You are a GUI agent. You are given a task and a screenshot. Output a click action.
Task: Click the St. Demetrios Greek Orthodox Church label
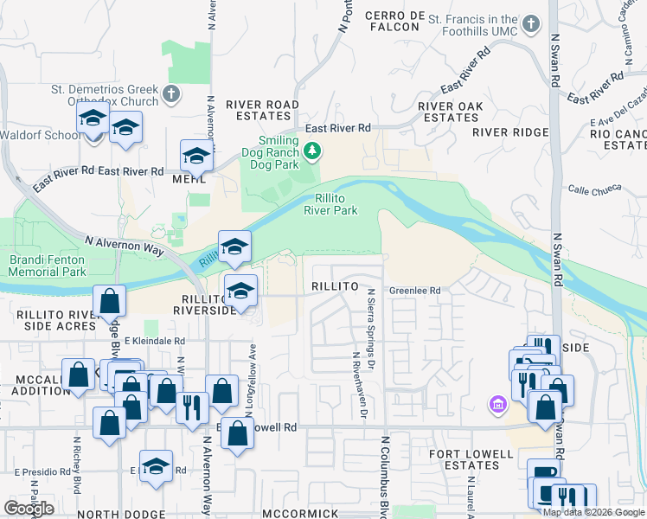105,94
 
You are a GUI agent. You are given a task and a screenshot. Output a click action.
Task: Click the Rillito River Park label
330,203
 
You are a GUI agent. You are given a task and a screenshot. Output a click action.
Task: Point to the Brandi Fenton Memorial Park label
48,266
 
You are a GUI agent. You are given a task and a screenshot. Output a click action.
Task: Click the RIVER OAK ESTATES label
449,112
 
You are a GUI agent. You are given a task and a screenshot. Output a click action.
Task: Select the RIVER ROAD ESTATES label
262,111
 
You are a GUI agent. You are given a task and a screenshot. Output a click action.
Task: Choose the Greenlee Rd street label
414,291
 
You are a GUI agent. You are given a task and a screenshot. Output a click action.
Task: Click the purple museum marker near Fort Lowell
497,404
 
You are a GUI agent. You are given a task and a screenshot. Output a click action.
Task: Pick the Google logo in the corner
29,509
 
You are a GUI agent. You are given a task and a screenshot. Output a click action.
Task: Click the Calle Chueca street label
592,190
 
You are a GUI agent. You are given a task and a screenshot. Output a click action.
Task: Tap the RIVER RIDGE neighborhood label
510,132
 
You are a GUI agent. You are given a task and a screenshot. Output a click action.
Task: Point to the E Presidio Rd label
42,472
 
